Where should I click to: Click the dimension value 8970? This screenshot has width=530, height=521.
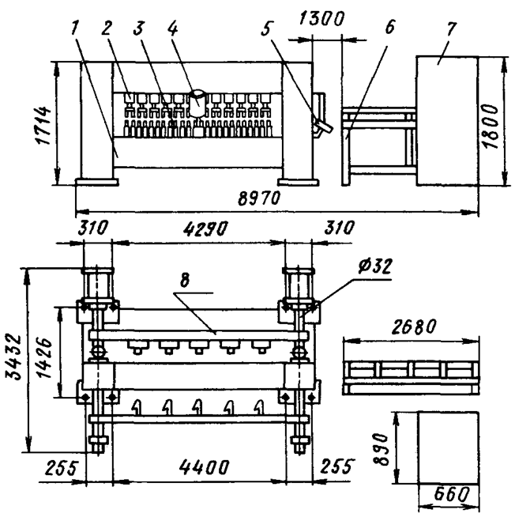point(259,198)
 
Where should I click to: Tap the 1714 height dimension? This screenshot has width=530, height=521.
point(44,126)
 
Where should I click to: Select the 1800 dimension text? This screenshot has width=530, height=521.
point(491,126)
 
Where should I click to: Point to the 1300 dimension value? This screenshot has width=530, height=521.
point(321,19)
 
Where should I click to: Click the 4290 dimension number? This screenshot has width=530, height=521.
point(205,228)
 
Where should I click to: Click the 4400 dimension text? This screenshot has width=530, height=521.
point(204,467)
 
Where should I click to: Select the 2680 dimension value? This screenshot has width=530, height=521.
point(414,327)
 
